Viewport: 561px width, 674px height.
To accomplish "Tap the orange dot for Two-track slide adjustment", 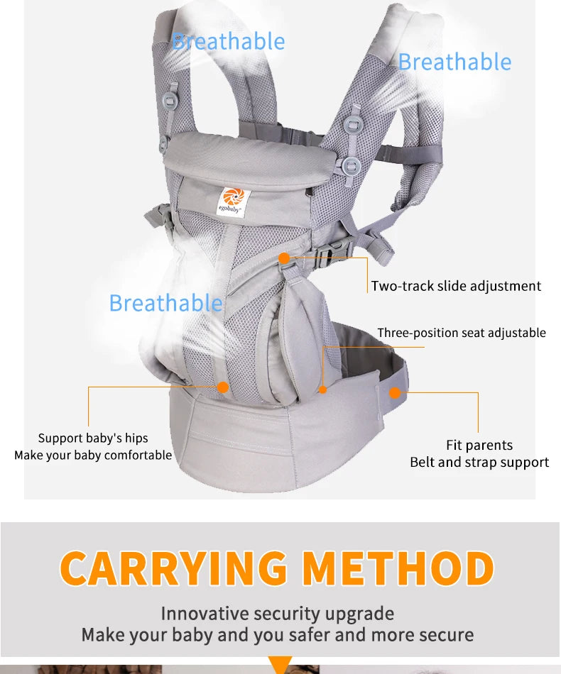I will point(284,258).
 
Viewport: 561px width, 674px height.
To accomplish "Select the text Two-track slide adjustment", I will point(456,286).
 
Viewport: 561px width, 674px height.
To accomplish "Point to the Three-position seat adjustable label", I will point(462,333).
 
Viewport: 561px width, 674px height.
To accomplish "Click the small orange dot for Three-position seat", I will point(323,390).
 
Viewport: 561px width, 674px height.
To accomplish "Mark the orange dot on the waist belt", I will point(395,392).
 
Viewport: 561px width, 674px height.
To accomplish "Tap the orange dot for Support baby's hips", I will point(222,387).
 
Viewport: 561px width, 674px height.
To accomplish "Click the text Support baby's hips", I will point(93,438).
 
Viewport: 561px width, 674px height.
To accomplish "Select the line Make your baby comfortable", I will point(93,455).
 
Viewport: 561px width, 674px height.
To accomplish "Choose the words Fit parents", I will point(479,445).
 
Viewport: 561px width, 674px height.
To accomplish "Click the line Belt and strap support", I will point(479,462).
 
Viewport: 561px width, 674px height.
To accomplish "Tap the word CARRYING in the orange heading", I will point(174,568).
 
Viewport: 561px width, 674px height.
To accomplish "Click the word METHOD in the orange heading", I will point(398,568).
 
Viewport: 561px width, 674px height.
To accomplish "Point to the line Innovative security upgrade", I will point(277,613).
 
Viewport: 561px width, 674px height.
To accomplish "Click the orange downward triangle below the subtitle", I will point(281,665).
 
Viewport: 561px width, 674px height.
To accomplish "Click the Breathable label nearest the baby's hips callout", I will point(165,303).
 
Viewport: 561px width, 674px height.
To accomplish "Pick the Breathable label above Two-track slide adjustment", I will point(454,62).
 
